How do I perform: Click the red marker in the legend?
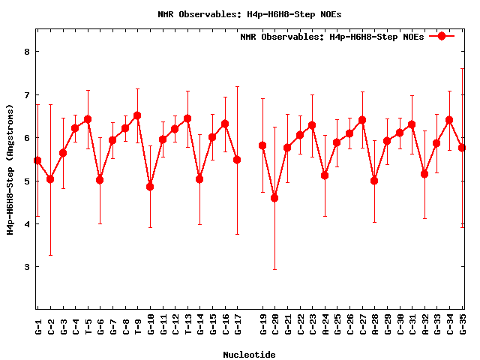[x=442, y=36]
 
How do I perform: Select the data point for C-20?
[x=274, y=198]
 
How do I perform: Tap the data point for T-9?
[x=137, y=115]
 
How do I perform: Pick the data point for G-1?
[x=37, y=160]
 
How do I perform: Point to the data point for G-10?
[x=150, y=187]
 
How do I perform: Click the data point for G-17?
[x=237, y=160]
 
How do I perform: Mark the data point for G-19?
[x=262, y=145]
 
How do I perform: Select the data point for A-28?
[x=374, y=181]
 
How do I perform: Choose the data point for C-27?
[x=362, y=120]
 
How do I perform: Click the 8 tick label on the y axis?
[x=26, y=52]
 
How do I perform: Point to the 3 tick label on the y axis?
[x=26, y=267]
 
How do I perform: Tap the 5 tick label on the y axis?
[x=26, y=181]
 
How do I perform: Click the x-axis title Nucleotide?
[x=249, y=354]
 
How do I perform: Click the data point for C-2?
[x=50, y=179]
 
